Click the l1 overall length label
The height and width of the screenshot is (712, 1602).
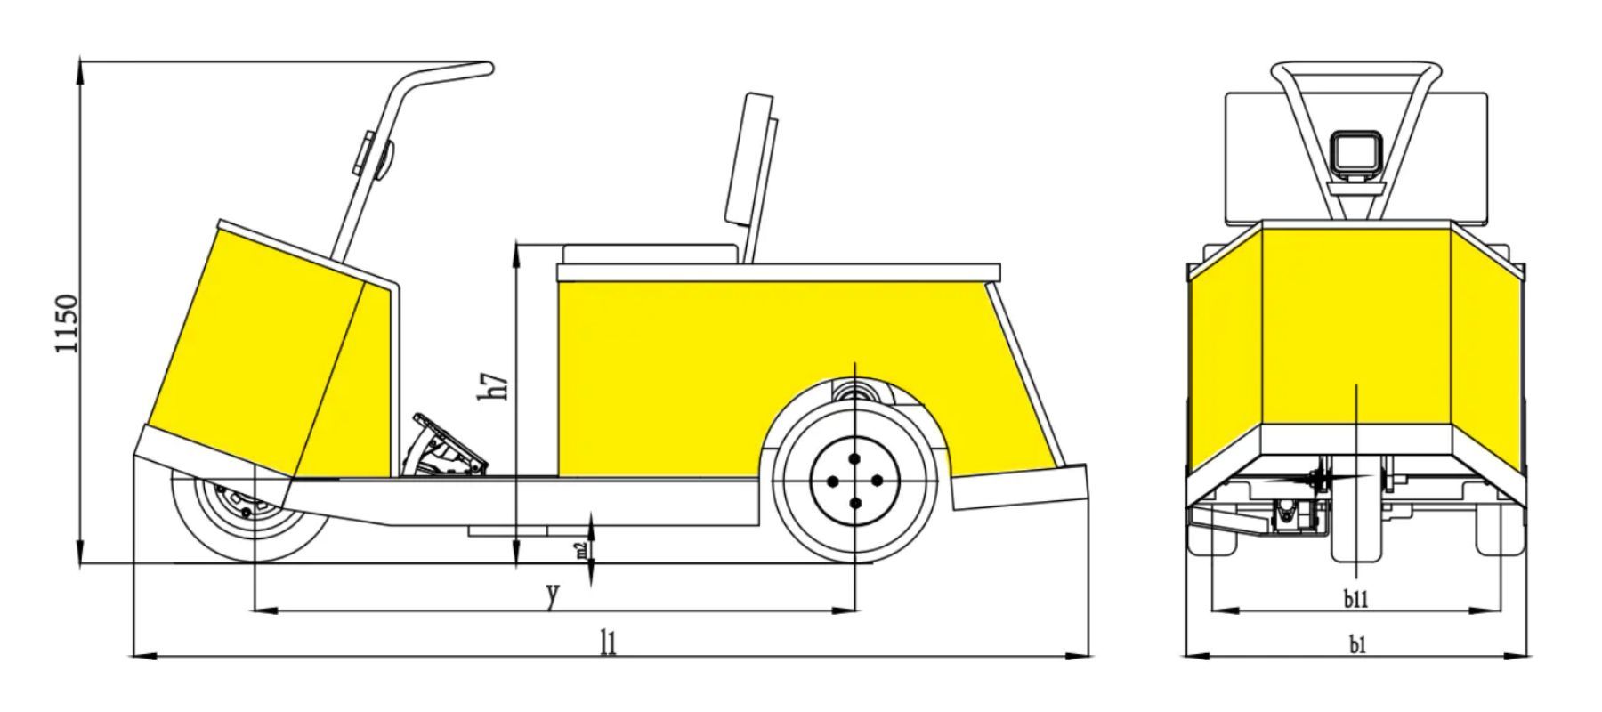click(608, 642)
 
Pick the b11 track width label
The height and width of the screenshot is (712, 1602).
click(1355, 599)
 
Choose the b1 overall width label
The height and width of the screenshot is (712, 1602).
click(1356, 644)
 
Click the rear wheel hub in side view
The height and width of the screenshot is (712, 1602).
click(854, 481)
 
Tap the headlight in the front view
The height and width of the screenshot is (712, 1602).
click(1355, 153)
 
